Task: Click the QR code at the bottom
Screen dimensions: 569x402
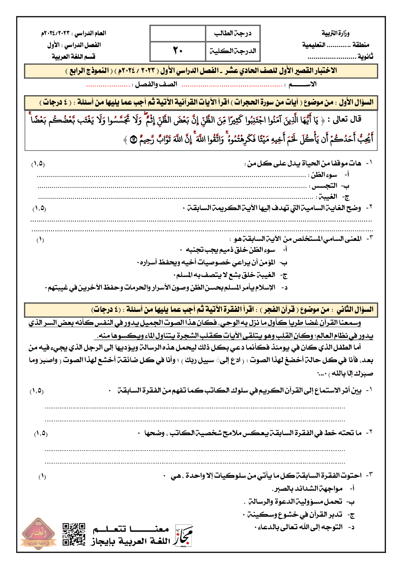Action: [74, 534]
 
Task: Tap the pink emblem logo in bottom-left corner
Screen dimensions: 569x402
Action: [39, 534]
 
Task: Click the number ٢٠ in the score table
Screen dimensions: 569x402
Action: [178, 51]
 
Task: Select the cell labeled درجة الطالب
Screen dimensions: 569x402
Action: [233, 33]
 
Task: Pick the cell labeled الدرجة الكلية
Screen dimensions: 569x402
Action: [233, 51]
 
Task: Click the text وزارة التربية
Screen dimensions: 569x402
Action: [336, 33]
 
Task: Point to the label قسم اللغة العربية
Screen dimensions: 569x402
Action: [73, 56]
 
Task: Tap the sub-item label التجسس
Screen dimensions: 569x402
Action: [324, 186]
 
